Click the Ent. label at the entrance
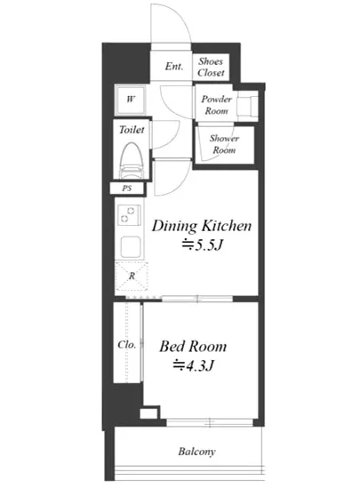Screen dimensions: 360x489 pyautogui.click(x=174, y=66)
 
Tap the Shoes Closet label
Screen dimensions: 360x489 pyautogui.click(x=211, y=67)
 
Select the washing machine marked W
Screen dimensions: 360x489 pyautogui.click(x=131, y=100)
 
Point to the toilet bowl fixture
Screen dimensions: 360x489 pyautogui.click(x=132, y=161)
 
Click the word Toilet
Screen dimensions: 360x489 pyautogui.click(x=132, y=130)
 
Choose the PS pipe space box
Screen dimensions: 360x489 pyautogui.click(x=127, y=188)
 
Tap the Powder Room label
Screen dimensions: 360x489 pyautogui.click(x=216, y=105)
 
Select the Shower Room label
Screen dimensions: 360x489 pyautogui.click(x=224, y=144)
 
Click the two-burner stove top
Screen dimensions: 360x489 pyautogui.click(x=129, y=215)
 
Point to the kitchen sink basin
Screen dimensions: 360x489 pyautogui.click(x=131, y=247)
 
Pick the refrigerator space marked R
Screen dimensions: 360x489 pyautogui.click(x=132, y=277)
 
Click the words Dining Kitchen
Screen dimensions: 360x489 pyautogui.click(x=202, y=226)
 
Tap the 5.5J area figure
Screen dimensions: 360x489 pyautogui.click(x=203, y=245)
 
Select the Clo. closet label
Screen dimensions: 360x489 pyautogui.click(x=127, y=345)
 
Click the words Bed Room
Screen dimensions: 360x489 pyautogui.click(x=193, y=347)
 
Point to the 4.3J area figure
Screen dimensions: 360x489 pyautogui.click(x=194, y=365)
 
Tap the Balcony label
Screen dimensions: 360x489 pyautogui.click(x=196, y=452)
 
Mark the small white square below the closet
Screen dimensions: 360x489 pyautogui.click(x=148, y=413)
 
